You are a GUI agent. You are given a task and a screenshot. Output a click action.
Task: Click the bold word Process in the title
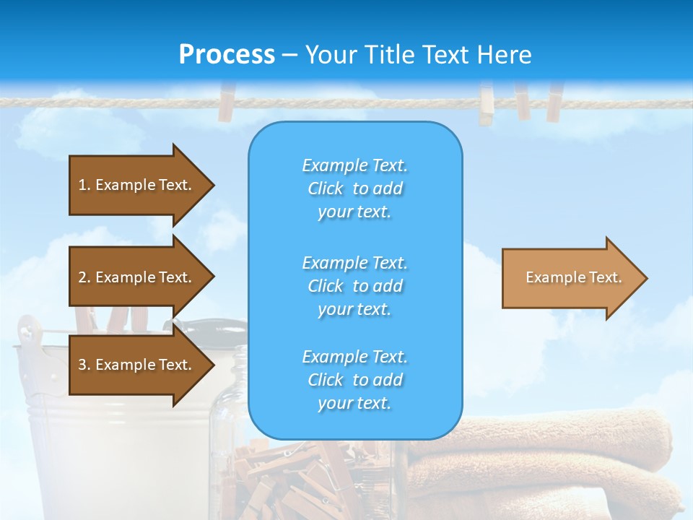tap(227, 55)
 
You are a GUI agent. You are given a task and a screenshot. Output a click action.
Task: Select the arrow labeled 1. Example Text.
tap(137, 185)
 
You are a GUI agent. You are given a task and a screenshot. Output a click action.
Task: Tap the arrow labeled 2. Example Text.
tap(137, 277)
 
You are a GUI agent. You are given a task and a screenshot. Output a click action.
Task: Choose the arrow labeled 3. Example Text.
tap(137, 365)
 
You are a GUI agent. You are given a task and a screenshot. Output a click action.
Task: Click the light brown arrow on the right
tap(570, 277)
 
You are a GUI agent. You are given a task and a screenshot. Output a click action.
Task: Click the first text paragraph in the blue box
tap(354, 188)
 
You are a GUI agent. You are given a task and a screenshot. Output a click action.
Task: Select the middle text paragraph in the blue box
tap(354, 286)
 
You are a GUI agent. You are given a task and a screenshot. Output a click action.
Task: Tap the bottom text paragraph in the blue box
tap(354, 380)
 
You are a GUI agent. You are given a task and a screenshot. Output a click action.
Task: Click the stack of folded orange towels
tap(549, 462)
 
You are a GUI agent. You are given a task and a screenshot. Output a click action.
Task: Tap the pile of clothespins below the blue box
tap(303, 477)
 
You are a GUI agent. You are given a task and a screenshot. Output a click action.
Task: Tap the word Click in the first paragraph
tap(325, 188)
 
